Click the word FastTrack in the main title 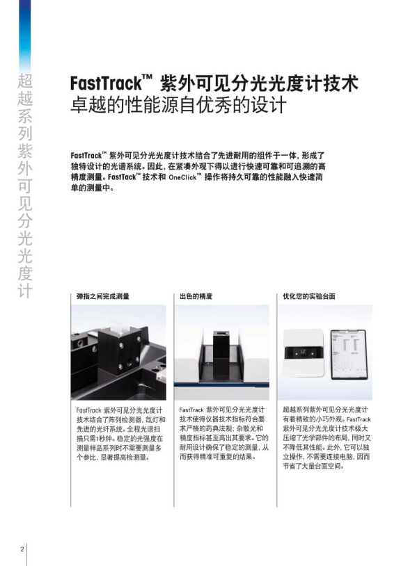click(104, 84)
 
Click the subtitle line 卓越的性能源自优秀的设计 click(178, 107)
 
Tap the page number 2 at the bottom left click(22, 549)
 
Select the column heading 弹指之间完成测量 click(102, 296)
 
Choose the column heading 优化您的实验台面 click(308, 296)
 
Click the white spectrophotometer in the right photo click(304, 353)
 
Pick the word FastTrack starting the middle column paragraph click(191, 411)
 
